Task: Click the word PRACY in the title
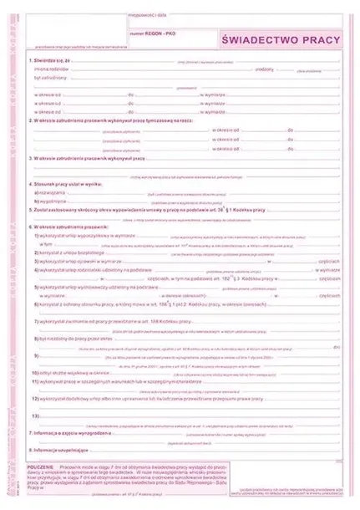tap(321, 39)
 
